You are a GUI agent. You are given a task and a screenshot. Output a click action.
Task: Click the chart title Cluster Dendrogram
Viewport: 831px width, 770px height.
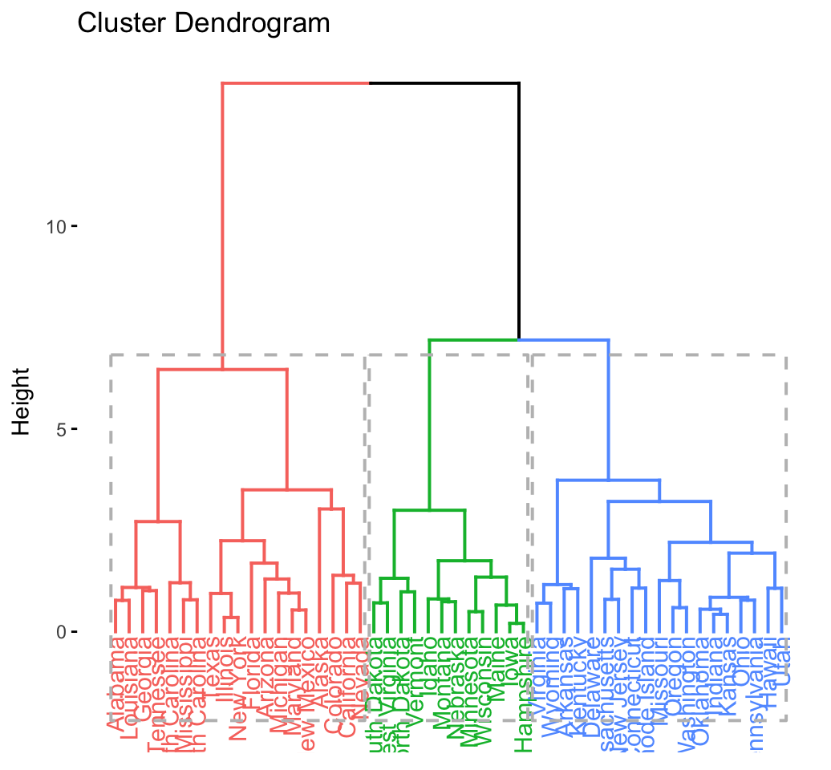tap(203, 23)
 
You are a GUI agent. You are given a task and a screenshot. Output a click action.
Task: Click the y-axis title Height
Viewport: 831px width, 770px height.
tap(22, 401)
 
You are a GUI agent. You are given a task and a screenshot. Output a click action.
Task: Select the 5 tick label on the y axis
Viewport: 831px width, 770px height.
tap(61, 429)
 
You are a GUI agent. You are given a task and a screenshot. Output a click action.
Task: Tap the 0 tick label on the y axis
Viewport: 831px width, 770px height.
tap(61, 632)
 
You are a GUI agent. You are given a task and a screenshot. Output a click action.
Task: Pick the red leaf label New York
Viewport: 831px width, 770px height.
tap(237, 690)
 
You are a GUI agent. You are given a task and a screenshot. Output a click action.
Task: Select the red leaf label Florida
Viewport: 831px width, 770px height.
tap(251, 679)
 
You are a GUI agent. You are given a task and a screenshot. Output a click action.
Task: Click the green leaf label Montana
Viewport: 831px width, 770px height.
tap(442, 679)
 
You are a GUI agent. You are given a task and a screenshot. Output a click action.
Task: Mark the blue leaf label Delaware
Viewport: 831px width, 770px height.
tap(592, 678)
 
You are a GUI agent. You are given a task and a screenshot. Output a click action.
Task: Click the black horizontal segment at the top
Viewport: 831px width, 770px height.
tap(444, 83)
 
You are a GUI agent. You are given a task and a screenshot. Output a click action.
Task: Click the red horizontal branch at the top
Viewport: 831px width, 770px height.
tap(295, 83)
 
